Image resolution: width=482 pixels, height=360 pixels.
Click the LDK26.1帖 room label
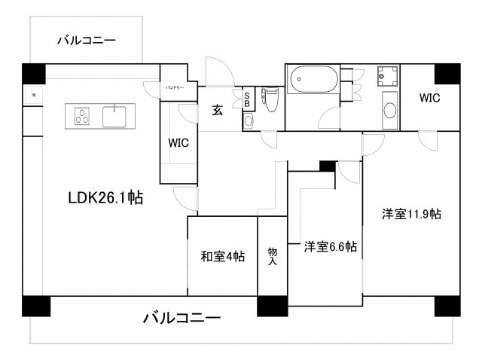click(x=105, y=198)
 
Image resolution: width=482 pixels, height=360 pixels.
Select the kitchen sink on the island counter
click(x=114, y=117)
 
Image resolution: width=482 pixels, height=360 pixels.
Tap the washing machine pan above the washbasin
click(x=387, y=77)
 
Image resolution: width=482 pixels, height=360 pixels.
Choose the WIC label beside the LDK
click(x=178, y=142)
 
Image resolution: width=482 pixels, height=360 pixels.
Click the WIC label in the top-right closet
click(x=429, y=98)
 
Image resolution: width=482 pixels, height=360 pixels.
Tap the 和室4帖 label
click(x=222, y=257)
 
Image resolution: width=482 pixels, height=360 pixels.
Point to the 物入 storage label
click(x=273, y=257)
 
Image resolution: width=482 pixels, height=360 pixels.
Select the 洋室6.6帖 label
click(x=330, y=246)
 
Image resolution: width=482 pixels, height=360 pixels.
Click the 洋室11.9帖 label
click(x=410, y=214)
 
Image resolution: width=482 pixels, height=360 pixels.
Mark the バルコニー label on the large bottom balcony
click(x=182, y=318)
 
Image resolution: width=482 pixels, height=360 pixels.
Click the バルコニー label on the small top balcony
click(x=87, y=40)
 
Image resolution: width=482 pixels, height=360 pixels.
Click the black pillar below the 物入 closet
click(x=273, y=306)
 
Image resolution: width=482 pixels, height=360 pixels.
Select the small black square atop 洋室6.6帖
click(x=327, y=166)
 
